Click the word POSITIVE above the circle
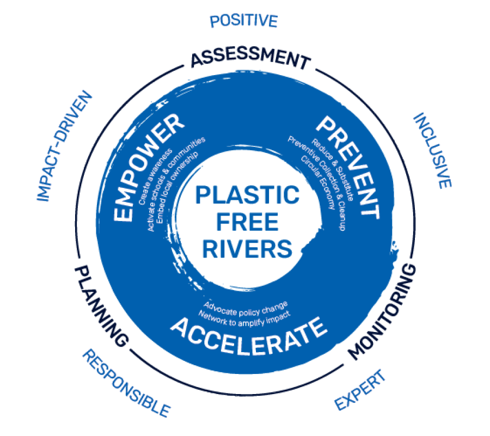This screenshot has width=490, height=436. tap(243, 21)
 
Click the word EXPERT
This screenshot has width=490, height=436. tap(360, 390)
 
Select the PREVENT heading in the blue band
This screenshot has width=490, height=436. tap(348, 164)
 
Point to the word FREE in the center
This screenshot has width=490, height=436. tap(247, 222)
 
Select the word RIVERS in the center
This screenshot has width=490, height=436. tap(247, 249)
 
